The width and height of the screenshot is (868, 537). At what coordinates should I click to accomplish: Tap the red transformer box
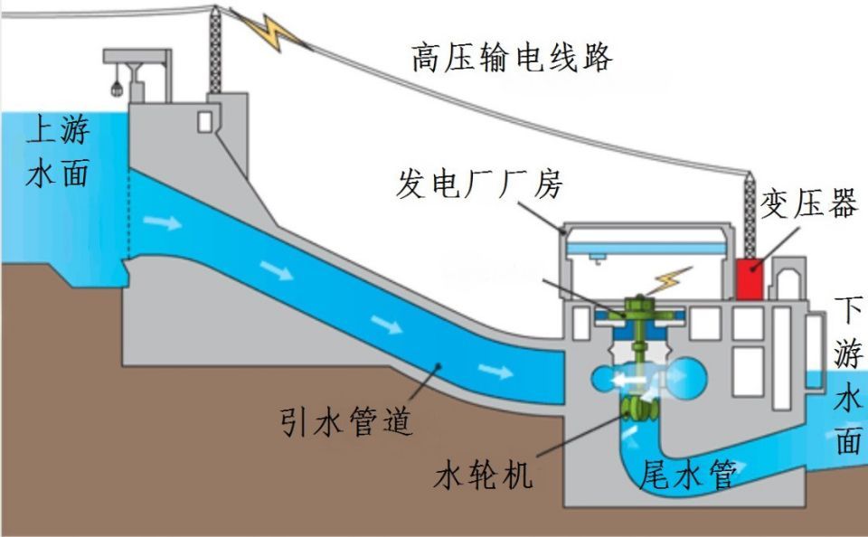click(749, 278)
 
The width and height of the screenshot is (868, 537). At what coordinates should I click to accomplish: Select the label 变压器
click(807, 205)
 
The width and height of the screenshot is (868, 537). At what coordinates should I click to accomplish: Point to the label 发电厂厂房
click(479, 184)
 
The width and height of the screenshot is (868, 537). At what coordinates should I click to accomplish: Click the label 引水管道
click(346, 421)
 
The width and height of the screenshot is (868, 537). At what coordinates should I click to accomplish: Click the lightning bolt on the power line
click(271, 33)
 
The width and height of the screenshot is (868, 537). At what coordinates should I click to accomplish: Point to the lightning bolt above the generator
click(670, 278)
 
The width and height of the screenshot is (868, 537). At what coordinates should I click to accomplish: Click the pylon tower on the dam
click(215, 50)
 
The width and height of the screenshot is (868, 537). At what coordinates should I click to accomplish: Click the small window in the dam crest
click(205, 120)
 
